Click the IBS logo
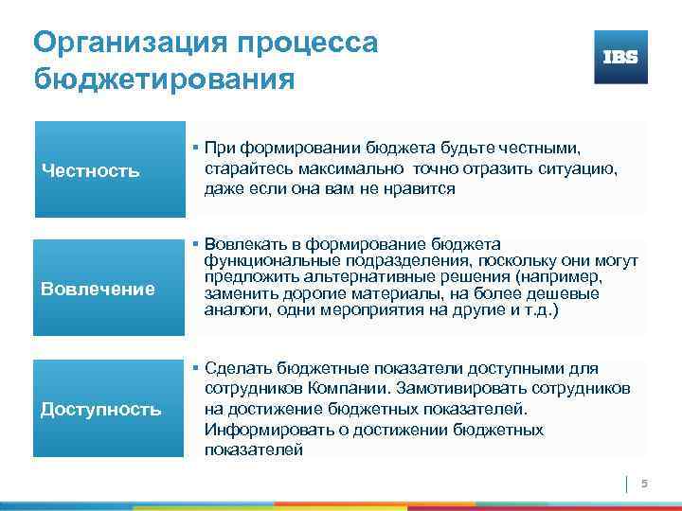(x=620, y=57)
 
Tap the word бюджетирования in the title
(x=163, y=78)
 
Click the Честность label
(x=90, y=171)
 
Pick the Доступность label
(x=100, y=409)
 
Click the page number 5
(x=644, y=485)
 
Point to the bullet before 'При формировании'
(x=193, y=149)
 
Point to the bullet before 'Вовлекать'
(x=193, y=244)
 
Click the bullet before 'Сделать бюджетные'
(x=193, y=368)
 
